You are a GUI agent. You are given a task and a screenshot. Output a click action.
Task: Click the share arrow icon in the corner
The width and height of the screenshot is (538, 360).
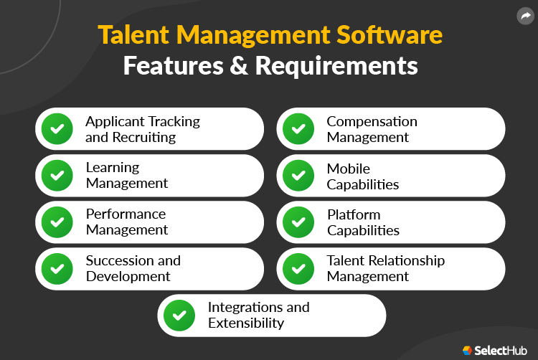(524, 15)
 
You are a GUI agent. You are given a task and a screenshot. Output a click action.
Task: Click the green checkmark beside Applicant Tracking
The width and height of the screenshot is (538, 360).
(57, 129)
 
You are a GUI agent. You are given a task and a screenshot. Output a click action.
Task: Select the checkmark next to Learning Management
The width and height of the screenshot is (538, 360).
(57, 175)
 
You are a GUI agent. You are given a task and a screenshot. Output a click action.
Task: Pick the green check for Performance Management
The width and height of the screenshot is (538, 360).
(57, 222)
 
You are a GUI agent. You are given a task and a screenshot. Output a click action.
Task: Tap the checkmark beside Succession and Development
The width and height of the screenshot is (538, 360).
(57, 268)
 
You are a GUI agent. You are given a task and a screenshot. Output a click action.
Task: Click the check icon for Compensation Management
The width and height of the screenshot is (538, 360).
(298, 129)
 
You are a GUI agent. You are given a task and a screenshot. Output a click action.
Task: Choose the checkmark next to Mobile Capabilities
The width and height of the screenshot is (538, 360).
(298, 176)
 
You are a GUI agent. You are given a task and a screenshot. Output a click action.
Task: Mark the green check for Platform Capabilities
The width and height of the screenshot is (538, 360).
(298, 222)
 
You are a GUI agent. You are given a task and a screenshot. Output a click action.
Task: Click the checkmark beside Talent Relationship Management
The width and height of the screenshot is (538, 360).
(298, 268)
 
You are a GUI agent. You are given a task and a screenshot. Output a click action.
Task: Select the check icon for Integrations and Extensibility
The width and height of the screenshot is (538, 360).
(179, 315)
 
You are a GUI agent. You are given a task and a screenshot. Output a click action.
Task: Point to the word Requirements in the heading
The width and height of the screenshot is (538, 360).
(336, 65)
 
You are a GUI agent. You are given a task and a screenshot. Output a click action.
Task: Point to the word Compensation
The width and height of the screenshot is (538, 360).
(372, 121)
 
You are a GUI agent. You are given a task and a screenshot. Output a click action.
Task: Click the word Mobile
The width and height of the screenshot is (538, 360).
(349, 169)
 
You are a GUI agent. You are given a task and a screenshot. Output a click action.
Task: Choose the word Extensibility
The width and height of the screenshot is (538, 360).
(246, 323)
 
